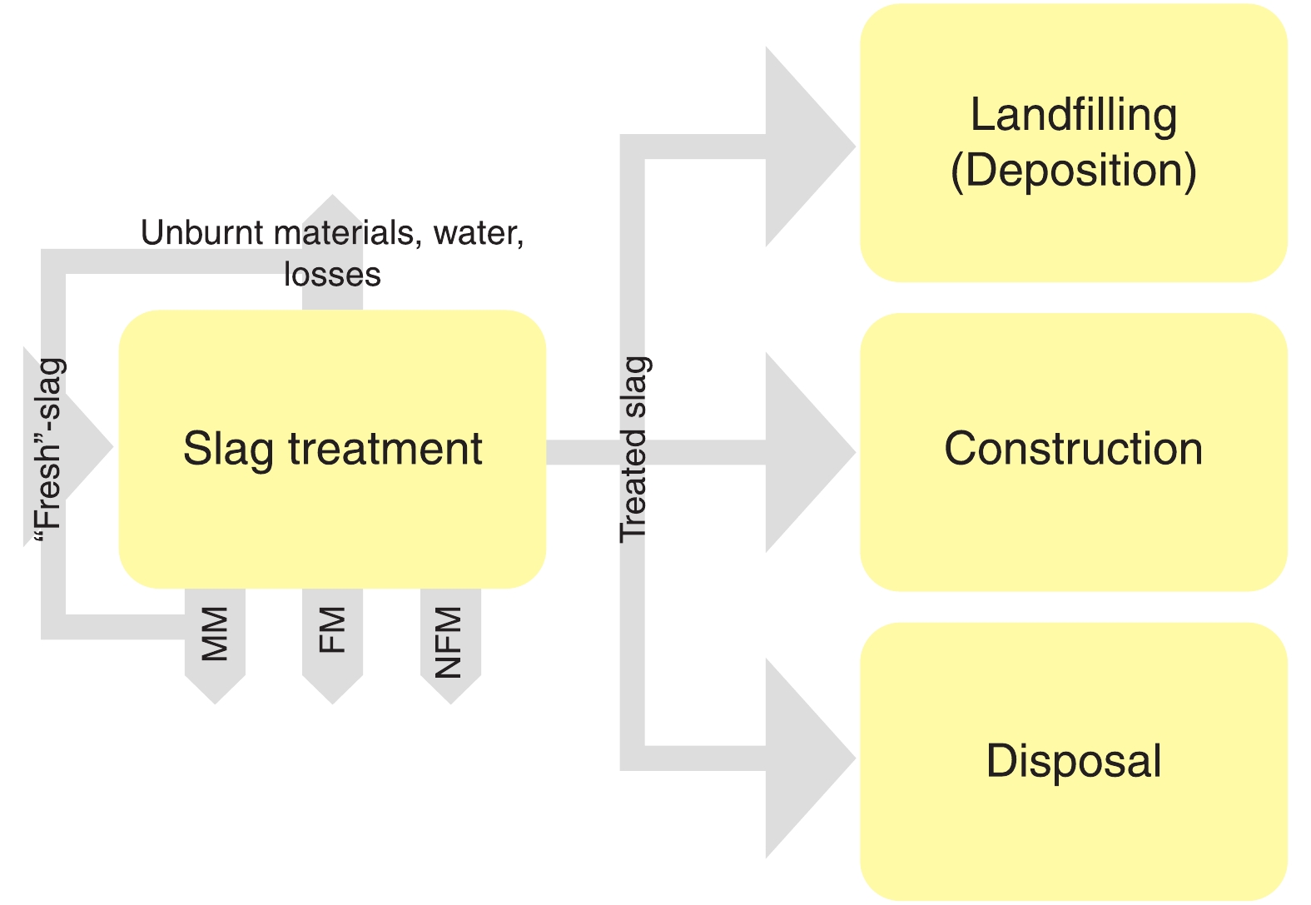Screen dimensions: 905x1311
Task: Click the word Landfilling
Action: pos(1073,116)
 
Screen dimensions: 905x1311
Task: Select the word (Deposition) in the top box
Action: pos(1073,171)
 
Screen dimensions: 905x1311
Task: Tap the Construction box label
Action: pos(1073,449)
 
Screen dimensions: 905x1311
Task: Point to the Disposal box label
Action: pos(1073,761)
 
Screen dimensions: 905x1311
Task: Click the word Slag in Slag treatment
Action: pos(228,450)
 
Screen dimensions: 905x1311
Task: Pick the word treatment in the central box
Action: pos(385,449)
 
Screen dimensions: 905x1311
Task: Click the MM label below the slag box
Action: pos(215,634)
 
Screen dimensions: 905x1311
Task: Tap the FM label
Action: pos(332,630)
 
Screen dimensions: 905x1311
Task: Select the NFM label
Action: pos(449,642)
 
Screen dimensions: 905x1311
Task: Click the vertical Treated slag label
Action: pos(634,449)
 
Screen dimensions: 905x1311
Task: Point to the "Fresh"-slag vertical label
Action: pos(49,450)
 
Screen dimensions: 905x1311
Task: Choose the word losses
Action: pos(332,274)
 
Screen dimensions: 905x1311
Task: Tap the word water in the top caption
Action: pos(478,233)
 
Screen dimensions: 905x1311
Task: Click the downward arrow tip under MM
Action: pos(215,691)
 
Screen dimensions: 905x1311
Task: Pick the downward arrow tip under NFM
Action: pos(450,691)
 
